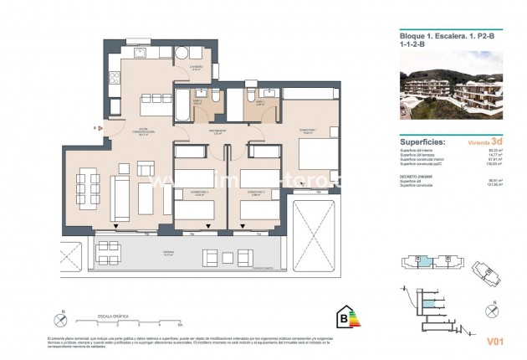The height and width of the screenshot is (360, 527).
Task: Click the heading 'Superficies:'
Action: pos(423,142)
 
